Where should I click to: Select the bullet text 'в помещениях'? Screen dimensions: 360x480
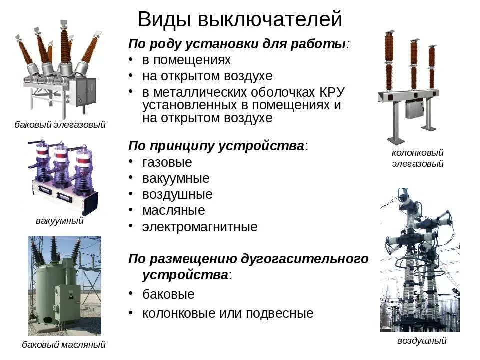(186, 60)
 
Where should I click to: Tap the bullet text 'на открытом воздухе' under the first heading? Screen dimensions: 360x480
(207, 76)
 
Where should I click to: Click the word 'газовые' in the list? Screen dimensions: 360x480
(167, 162)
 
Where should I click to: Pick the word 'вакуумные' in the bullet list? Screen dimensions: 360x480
(176, 178)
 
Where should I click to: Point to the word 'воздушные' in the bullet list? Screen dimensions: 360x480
(177, 194)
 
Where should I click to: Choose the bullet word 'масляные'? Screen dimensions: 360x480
(173, 210)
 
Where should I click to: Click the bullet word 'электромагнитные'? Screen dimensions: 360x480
(200, 227)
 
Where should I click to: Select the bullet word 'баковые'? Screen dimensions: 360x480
(168, 294)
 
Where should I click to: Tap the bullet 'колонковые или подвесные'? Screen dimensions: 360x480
(228, 313)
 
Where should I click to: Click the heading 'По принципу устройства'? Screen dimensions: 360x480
(216, 146)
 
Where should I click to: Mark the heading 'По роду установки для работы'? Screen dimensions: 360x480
(237, 43)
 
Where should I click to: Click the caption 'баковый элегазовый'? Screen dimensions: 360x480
(60, 125)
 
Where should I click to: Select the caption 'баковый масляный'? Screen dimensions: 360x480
(64, 344)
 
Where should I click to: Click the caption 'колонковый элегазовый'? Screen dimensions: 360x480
(417, 158)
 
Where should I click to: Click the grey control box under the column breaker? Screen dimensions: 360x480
(414, 108)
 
